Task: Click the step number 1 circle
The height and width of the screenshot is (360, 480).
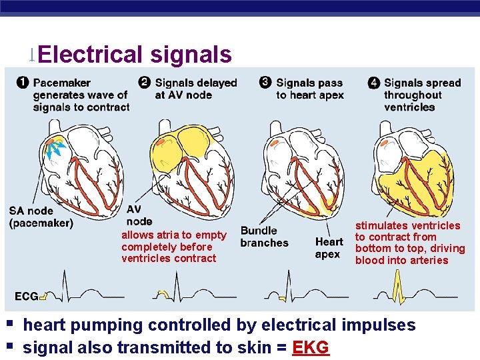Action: pos(22,83)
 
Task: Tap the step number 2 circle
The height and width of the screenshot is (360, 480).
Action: pos(144,83)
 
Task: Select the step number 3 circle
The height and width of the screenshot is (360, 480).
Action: pos(265,83)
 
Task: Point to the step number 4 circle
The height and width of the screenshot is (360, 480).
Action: pos(374,83)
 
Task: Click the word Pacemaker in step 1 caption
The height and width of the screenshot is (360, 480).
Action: pos(62,83)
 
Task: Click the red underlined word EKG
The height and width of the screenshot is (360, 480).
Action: pos(311,347)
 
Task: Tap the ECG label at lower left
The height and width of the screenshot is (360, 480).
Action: pos(26,296)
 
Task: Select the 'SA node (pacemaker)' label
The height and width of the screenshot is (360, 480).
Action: pos(41,217)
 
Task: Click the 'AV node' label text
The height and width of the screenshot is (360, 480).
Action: pos(139,215)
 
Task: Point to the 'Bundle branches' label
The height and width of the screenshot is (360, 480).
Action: pos(264,237)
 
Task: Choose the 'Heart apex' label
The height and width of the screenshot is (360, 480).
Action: pos(329,248)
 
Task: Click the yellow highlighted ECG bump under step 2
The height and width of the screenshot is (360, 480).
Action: pos(163,293)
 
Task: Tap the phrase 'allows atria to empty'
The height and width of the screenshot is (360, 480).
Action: pos(173,235)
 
